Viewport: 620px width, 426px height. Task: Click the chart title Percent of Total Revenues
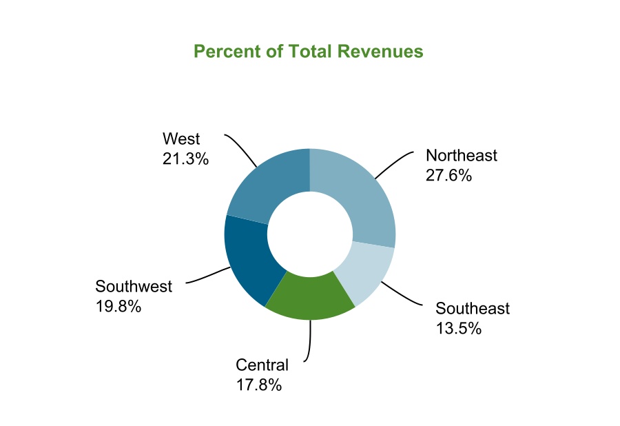coord(308,52)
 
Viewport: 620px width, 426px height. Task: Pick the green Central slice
coord(310,296)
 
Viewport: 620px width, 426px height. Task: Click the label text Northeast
coord(461,156)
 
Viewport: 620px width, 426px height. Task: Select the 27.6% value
coord(448,175)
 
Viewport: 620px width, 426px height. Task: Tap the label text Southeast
coord(473,308)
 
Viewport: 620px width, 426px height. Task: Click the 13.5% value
coord(458,328)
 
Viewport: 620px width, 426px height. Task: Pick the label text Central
coord(262,365)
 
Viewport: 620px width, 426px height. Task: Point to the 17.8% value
coord(259,385)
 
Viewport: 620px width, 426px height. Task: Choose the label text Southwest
coord(134,286)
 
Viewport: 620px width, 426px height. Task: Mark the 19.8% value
coord(118,306)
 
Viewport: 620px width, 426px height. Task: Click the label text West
coord(181,139)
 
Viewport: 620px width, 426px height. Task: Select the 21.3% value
coord(185,159)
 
